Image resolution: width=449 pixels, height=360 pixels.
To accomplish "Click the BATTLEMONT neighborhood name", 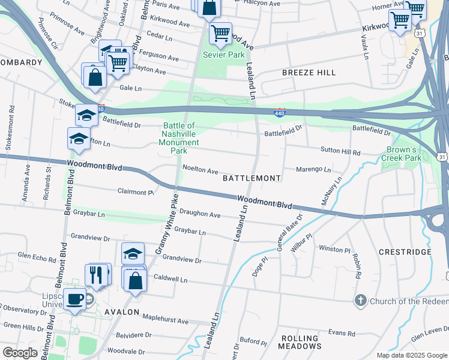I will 252,178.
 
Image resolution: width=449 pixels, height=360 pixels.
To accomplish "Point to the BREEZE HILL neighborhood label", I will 309,72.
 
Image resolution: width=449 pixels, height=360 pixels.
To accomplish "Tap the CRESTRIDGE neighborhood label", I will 405,252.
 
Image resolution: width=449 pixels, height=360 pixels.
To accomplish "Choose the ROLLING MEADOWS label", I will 300,342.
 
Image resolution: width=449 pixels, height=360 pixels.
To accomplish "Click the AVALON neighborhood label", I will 122,312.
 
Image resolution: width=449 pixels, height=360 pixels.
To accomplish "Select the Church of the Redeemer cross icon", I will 360,300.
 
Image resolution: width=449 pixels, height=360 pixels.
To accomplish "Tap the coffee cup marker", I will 75,298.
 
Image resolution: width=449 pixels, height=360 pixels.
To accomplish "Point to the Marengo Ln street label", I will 314,170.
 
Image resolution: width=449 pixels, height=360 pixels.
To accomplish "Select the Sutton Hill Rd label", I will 340,153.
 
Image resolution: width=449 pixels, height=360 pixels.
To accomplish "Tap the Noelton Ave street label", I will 200,170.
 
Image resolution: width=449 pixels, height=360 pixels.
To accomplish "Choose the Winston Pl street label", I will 334,249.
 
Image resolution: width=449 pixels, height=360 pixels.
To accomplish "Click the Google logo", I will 20,353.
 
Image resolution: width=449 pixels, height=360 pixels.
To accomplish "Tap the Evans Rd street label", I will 342,333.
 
